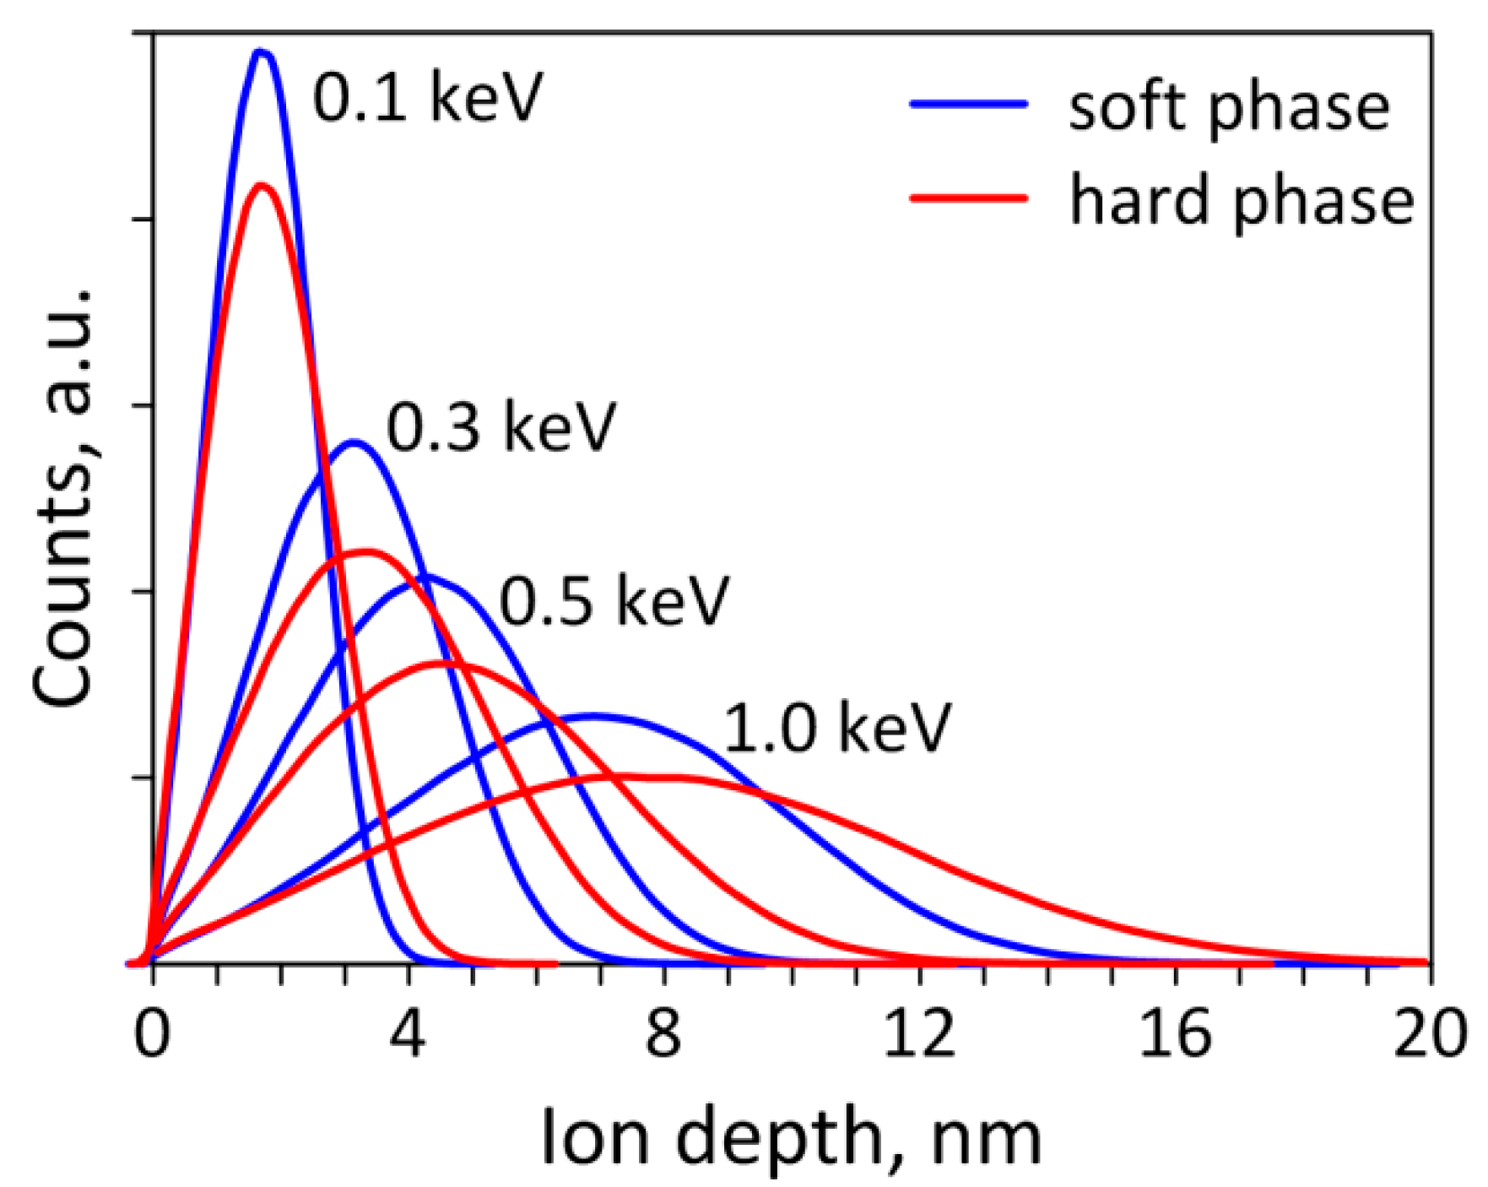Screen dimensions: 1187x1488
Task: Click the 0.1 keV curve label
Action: click(427, 97)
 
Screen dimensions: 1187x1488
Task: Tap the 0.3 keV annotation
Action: click(501, 427)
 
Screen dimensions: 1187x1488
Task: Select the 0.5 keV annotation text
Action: click(614, 600)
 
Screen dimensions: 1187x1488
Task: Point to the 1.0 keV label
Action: click(837, 728)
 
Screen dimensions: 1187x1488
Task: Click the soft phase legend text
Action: click(1229, 108)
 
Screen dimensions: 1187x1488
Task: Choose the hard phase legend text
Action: click(1241, 201)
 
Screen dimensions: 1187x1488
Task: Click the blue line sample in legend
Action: click(969, 104)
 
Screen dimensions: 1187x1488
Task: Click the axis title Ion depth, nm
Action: click(791, 1137)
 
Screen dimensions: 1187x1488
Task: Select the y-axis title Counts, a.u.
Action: click(63, 498)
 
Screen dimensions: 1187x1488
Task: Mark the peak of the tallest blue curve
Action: click(262, 52)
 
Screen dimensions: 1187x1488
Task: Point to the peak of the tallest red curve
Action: click(262, 185)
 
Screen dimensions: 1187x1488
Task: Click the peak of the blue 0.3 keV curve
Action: click(354, 442)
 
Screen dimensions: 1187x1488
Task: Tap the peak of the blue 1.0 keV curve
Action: click(592, 716)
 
